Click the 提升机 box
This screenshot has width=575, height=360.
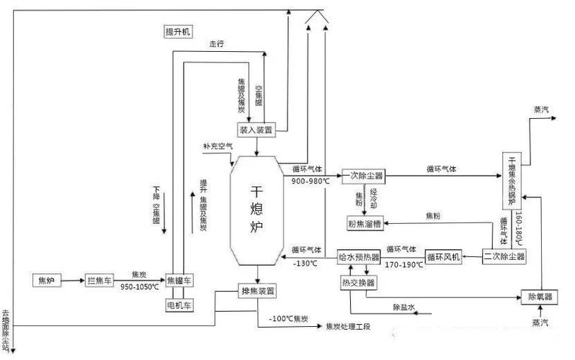click(x=177, y=32)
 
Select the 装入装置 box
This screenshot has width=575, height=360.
click(x=257, y=129)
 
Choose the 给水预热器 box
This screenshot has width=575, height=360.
click(x=358, y=257)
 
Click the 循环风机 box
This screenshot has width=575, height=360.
click(x=442, y=257)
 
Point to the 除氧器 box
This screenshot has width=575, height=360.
click(x=540, y=296)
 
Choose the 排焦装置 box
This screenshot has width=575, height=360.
click(x=257, y=291)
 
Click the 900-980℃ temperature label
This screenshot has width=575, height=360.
click(x=311, y=181)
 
